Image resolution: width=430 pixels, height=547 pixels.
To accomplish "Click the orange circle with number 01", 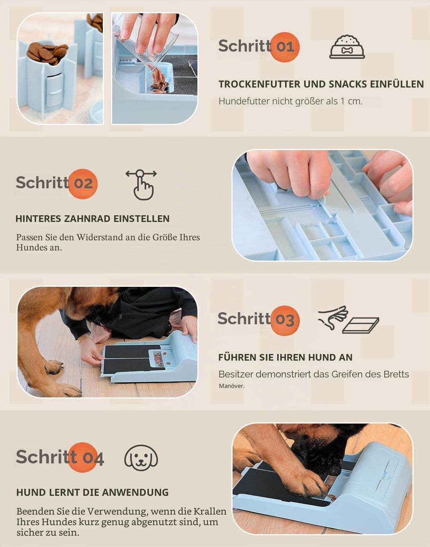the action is tap(285, 47).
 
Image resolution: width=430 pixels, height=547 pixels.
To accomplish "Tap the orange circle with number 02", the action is tap(83, 184).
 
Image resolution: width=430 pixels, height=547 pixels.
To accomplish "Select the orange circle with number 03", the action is tap(285, 321).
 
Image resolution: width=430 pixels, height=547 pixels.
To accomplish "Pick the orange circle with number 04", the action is tap(83, 457).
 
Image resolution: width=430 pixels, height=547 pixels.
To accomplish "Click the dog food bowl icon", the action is tap(347, 47).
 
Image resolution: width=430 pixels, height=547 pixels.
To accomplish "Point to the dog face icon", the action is tap(141, 457).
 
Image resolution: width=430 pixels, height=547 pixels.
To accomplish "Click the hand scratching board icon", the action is tap(349, 320).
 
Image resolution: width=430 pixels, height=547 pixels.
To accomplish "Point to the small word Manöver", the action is tap(231, 386).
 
